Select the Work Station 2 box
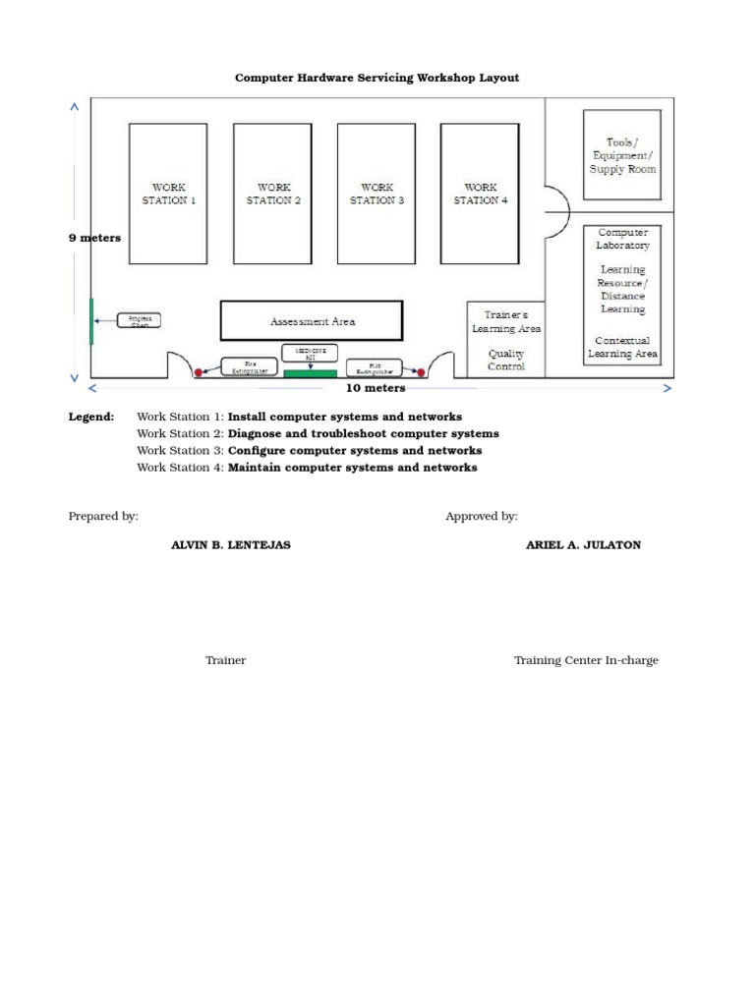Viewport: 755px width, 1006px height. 272,192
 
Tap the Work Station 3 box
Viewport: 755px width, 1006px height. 377,192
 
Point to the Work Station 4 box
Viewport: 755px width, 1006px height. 480,192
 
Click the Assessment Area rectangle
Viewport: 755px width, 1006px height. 312,321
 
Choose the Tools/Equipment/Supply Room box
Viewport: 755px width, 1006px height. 622,155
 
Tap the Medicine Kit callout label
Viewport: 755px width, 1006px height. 310,352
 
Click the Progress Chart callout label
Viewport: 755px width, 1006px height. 139,320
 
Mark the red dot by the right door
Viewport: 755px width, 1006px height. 421,372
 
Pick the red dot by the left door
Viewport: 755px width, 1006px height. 198,372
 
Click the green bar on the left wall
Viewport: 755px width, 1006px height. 91,320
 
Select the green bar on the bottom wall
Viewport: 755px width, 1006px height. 310,373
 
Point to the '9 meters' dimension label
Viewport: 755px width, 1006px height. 94,238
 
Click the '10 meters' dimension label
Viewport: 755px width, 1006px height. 375,388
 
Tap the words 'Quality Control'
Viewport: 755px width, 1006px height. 506,360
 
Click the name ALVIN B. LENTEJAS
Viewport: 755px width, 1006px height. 231,544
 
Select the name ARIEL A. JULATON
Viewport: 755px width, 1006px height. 583,544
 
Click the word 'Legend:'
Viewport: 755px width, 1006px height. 91,417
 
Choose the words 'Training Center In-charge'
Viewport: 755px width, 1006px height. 586,660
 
